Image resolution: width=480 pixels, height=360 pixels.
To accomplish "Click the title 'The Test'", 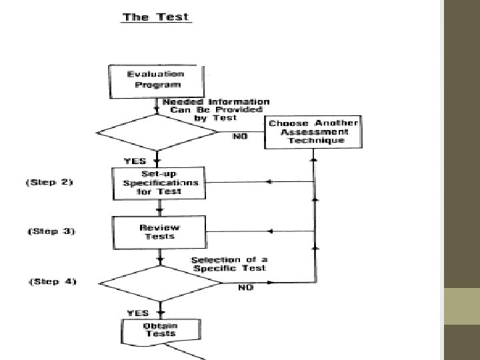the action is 156,17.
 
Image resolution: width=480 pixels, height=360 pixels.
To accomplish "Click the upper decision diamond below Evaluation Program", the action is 157,133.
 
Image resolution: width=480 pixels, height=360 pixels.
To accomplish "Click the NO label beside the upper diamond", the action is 239,136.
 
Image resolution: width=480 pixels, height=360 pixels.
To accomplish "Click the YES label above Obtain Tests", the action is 137,311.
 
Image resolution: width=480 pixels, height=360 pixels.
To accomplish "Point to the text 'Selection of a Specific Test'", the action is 228,264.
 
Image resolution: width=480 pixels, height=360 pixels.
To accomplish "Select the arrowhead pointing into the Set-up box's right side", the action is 268,182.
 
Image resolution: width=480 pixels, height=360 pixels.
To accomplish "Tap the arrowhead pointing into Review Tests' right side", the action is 269,231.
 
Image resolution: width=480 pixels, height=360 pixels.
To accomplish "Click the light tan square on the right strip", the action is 461,306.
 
